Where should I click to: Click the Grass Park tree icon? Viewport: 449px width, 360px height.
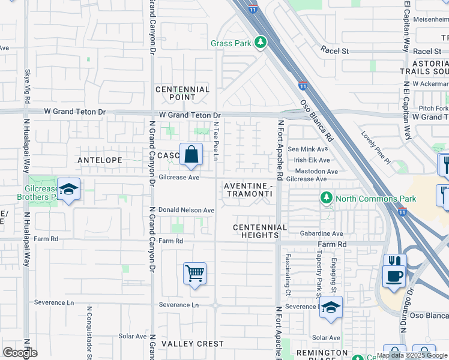[x=260, y=43]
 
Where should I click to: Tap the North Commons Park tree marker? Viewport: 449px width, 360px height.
[x=326, y=198]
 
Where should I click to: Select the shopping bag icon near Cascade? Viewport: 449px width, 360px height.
[x=191, y=154]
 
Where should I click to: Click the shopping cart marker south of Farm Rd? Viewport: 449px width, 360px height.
[x=195, y=274]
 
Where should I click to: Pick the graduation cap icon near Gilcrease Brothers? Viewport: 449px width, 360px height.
[x=69, y=190]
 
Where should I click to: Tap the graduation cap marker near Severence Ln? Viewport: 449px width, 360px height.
[x=331, y=307]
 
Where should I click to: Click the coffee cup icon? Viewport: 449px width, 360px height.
[x=394, y=276]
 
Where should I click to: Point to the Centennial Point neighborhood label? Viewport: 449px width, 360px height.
[x=182, y=93]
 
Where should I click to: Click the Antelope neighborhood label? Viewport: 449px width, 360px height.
[x=100, y=160]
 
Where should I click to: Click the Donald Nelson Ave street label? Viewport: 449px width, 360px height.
[x=186, y=211]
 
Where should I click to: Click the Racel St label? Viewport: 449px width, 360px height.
[x=335, y=52]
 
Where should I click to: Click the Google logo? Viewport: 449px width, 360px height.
[x=20, y=353]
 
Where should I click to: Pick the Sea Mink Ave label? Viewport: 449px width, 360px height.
[x=308, y=149]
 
